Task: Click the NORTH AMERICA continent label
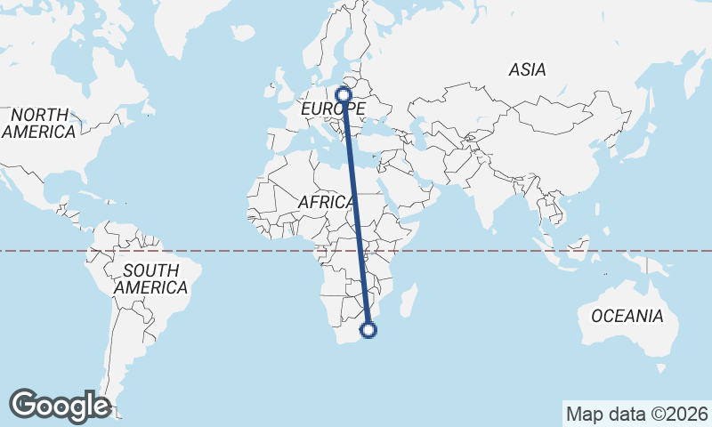coord(38,123)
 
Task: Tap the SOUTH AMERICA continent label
coord(150,278)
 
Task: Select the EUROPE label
coord(332,109)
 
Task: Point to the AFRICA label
coord(327,203)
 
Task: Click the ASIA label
coord(527,69)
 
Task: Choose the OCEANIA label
coord(627,316)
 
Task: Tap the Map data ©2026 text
coord(636,414)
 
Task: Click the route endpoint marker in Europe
coord(344,93)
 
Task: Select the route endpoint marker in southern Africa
coord(368,331)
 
